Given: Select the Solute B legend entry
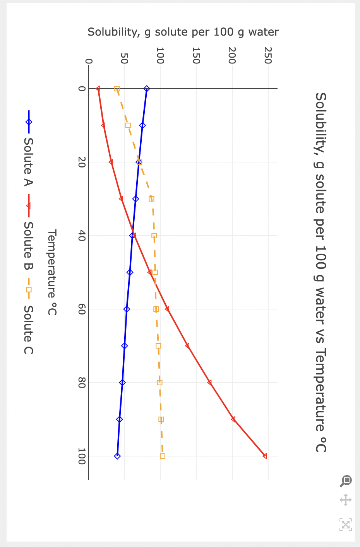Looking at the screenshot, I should coord(28,246).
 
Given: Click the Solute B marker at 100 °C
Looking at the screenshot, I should coord(265,456).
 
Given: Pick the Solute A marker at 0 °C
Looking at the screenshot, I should coord(146,89).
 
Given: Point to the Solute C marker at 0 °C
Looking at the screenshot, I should coord(117,89).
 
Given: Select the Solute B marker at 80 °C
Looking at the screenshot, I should coord(209,383).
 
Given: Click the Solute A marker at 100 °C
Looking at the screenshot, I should coord(117,456).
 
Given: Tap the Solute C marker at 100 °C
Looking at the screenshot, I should coord(163,456).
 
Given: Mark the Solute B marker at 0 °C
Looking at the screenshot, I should coord(98,89).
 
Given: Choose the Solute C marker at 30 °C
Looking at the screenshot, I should coord(152,199).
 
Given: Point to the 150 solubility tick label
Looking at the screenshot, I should coord(196,55).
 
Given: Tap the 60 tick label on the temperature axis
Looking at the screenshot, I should coord(81,309).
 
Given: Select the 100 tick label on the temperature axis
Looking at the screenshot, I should coord(81,456).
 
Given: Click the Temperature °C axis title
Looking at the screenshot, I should coord(52,272).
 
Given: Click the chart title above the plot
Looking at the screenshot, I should coord(321,272).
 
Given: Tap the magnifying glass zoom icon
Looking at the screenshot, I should coord(346,481).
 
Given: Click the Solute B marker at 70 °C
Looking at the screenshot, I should coord(187,346).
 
